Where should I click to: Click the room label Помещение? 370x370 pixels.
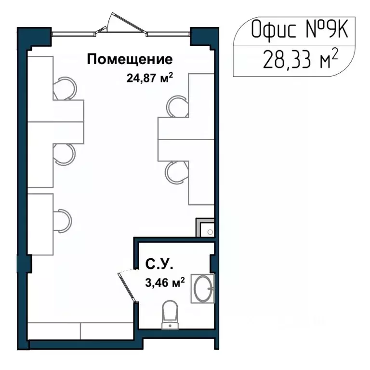pyautogui.click(x=129, y=60)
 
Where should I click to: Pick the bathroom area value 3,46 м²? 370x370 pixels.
pyautogui.click(x=165, y=283)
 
